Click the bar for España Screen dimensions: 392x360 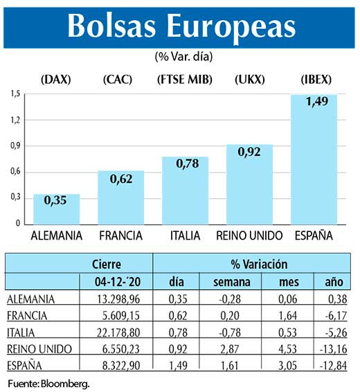[314, 159]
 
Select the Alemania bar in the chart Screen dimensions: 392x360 [56, 209]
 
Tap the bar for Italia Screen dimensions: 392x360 [185, 190]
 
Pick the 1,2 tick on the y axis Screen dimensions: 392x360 [15, 119]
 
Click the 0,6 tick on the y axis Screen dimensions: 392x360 [15, 172]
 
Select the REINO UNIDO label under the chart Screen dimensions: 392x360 [249, 236]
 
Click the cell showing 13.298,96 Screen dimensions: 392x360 [121, 299]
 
